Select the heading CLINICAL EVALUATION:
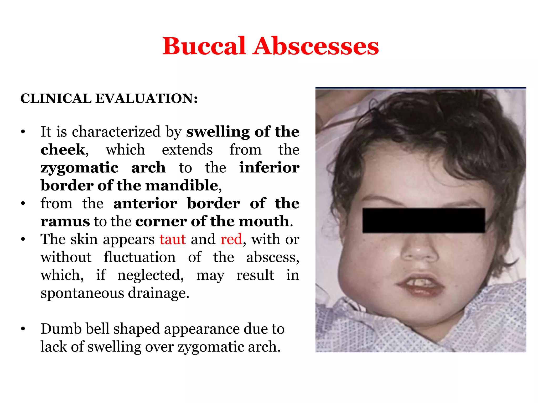(109, 99)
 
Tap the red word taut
(173, 239)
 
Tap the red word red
(231, 239)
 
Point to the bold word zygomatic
(79, 168)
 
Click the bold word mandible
(182, 185)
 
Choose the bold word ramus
(65, 221)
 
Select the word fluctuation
(139, 257)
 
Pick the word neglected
(151, 275)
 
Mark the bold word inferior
(269, 168)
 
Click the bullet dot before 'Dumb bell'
(23, 329)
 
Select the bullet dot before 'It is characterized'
(23, 132)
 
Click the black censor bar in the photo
(423, 220)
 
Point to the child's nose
(420, 251)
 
